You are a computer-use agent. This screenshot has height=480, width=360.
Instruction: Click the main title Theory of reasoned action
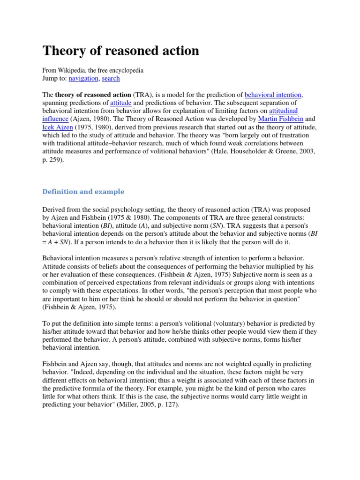tap(121, 51)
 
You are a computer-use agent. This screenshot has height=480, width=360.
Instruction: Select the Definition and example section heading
tap(83, 191)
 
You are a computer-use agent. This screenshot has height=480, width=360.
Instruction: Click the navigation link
tap(83, 78)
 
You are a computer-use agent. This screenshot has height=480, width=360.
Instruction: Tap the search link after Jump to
tap(111, 78)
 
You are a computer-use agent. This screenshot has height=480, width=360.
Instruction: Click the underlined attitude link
tap(120, 102)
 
